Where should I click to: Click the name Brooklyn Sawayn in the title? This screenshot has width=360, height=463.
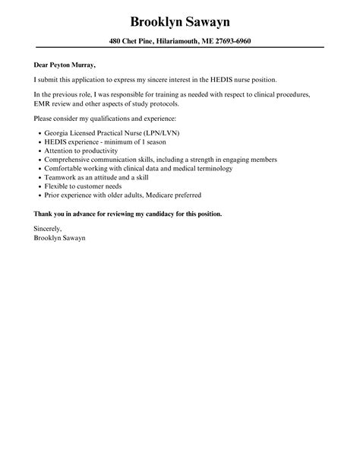pyautogui.click(x=179, y=21)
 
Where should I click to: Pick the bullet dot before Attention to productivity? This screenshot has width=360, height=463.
pyautogui.click(x=39, y=150)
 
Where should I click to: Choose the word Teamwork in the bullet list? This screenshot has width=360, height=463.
pyautogui.click(x=62, y=177)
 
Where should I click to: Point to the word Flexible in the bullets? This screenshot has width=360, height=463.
pyautogui.click(x=58, y=186)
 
